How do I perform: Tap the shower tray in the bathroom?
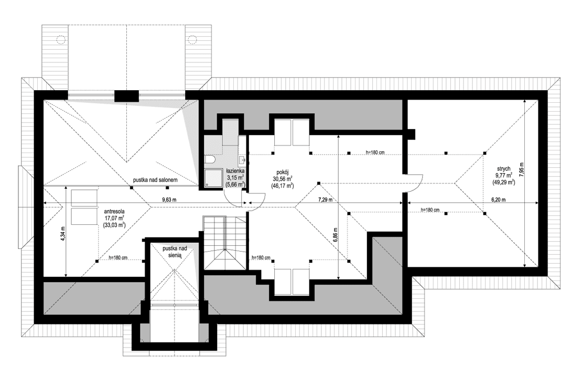(211, 178)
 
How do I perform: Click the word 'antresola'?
(114, 212)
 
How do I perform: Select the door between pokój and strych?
(412, 183)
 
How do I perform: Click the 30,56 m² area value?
(282, 178)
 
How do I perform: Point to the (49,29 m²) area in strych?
(502, 182)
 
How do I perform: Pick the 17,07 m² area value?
(114, 218)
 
